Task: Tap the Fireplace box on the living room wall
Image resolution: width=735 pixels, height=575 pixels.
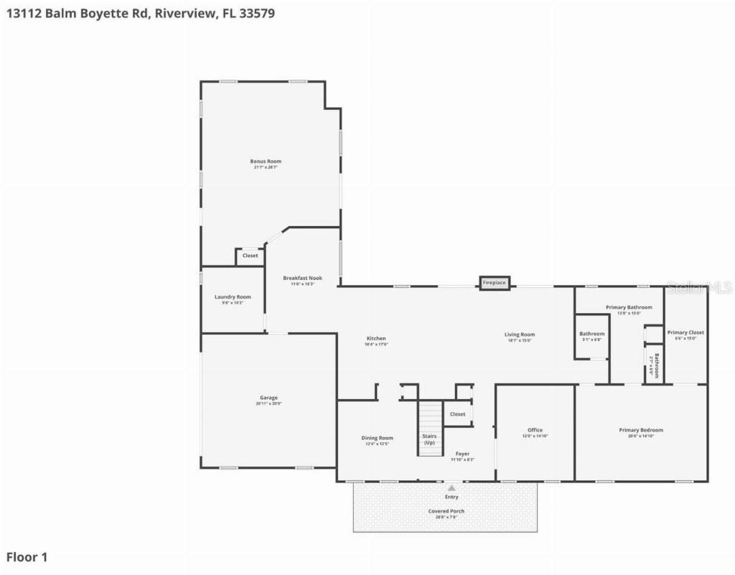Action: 494,283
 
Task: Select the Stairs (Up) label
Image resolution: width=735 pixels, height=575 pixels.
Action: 429,439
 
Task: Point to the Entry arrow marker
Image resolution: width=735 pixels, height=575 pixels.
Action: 451,487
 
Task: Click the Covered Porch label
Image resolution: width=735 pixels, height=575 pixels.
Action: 446,512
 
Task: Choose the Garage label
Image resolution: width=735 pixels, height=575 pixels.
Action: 268,398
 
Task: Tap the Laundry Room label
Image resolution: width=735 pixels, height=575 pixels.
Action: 233,297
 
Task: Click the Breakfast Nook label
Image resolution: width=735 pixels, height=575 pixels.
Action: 302,278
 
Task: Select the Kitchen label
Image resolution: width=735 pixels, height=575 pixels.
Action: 376,339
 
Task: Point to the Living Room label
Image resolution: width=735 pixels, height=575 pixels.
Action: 520,335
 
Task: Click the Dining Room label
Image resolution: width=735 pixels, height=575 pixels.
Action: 377,438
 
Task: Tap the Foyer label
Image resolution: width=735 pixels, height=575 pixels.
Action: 462,454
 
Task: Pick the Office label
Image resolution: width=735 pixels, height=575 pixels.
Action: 535,431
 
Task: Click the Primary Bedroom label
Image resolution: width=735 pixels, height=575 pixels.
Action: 641,431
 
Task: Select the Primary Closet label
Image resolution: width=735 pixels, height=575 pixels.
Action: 685,332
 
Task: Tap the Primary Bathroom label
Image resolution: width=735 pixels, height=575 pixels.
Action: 629,307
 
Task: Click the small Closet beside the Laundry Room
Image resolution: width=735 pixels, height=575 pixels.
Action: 250,256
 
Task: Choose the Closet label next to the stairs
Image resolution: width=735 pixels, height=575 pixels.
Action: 457,414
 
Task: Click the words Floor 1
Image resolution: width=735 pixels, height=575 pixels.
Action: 27,557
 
